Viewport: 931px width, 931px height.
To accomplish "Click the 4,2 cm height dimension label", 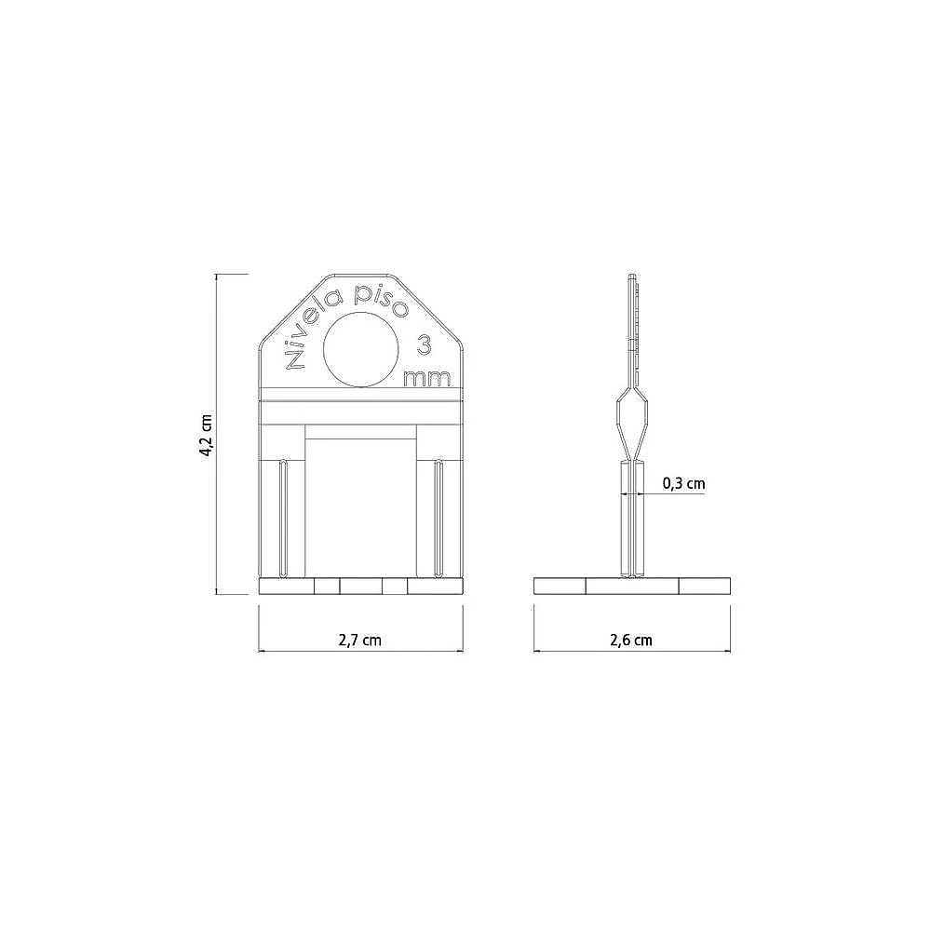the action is click(206, 435).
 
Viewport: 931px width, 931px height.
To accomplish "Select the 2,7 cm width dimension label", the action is click(359, 640).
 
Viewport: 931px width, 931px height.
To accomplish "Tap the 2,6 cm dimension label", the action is click(631, 640).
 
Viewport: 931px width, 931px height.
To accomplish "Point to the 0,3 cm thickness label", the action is click(684, 483).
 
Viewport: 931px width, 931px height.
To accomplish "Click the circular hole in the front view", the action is click(361, 348).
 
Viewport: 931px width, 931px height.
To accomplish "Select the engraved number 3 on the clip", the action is click(424, 345).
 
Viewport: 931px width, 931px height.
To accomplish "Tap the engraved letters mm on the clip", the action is click(427, 378).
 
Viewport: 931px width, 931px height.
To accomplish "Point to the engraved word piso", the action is click(381, 301).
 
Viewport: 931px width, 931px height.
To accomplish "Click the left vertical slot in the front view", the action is click(284, 518).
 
